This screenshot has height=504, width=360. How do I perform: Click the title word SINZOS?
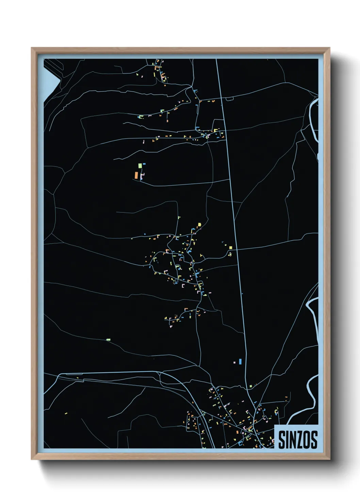[x=298, y=440]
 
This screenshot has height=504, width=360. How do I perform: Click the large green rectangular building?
[x=140, y=166]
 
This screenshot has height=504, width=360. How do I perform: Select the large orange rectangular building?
[x=136, y=175]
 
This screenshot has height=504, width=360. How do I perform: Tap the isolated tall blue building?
[x=240, y=361]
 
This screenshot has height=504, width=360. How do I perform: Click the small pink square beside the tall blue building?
[x=235, y=362]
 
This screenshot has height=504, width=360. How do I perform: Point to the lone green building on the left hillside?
[x=108, y=340]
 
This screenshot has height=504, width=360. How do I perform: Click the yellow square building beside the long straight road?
[x=230, y=248]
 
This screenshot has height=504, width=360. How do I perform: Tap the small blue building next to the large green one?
[x=144, y=164]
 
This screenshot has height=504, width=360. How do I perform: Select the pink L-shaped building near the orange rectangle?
[x=142, y=176]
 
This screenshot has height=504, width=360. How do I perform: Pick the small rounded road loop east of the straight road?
[x=230, y=99]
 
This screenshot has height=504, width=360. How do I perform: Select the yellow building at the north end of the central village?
[x=199, y=224]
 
